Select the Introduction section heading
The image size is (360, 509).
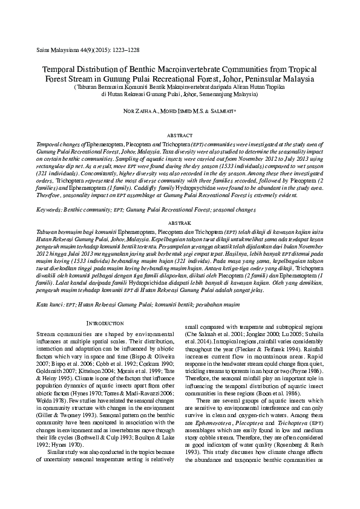(107, 324)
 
